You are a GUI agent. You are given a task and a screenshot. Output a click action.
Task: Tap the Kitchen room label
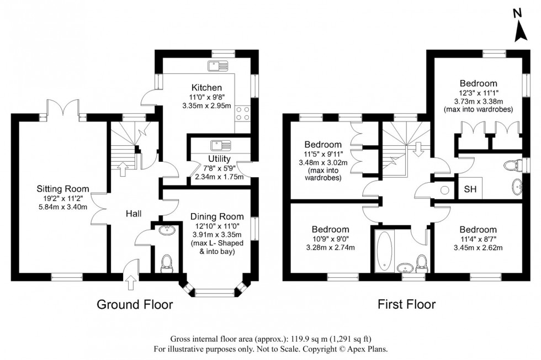(x=206, y=87)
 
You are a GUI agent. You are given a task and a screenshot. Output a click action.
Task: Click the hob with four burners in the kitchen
(x=242, y=113)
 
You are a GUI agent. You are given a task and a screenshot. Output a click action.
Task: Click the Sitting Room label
(x=59, y=188)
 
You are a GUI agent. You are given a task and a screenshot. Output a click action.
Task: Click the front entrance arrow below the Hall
(x=130, y=284)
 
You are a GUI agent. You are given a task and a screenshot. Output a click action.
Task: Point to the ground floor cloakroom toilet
(x=166, y=265)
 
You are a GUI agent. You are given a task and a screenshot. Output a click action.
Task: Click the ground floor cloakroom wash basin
(x=166, y=230)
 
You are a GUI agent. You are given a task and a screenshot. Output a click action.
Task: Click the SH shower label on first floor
(x=470, y=189)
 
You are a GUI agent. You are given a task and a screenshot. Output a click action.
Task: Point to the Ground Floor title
(x=135, y=304)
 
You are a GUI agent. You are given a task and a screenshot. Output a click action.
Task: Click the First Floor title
(x=406, y=304)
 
